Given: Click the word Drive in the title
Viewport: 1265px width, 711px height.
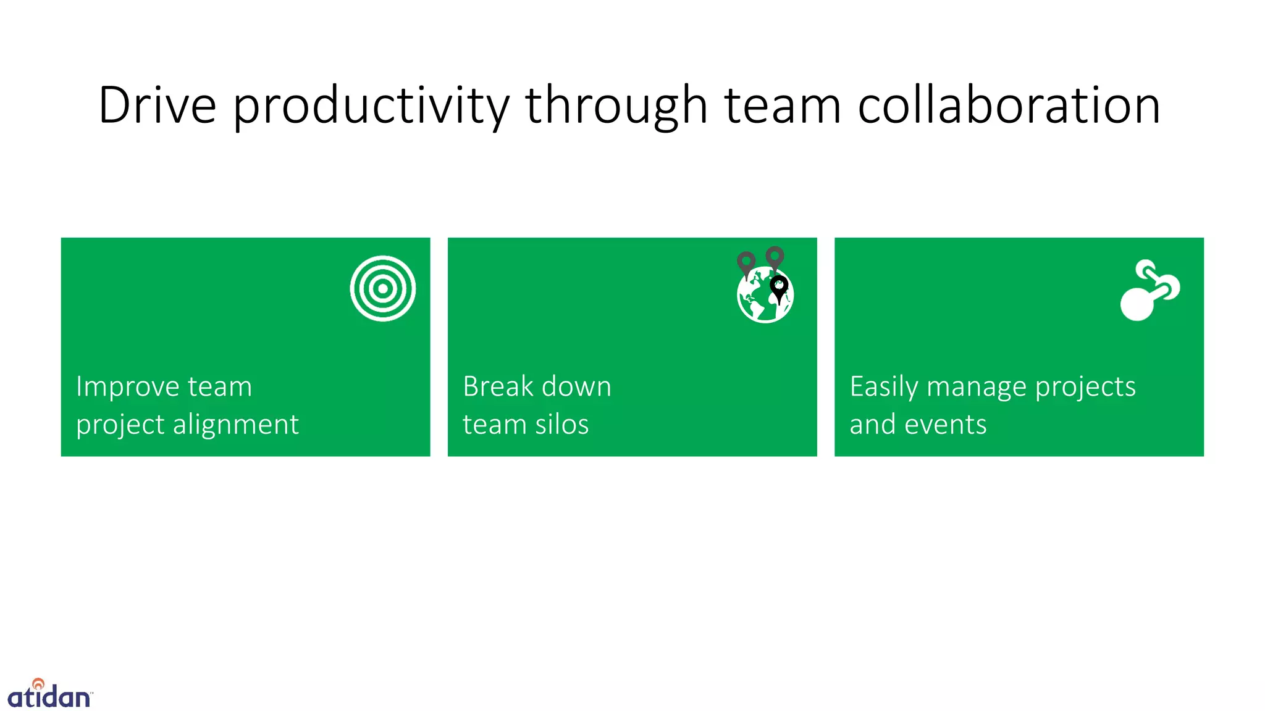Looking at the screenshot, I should pos(158,106).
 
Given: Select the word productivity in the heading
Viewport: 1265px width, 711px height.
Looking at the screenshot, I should pos(371,106).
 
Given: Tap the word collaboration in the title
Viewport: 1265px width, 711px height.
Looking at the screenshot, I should pos(1009,106).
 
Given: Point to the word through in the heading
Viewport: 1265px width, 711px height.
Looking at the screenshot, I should pos(616,106).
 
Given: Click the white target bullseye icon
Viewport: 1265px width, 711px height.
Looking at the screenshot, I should pos(383,288).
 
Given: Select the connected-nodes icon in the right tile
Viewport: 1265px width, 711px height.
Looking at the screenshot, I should pos(1149,289).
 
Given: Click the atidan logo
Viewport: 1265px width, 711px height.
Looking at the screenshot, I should pos(49,694).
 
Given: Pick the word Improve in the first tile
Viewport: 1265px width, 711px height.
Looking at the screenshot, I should pos(128,387).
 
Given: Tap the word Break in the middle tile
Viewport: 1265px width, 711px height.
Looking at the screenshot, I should pos(498,387).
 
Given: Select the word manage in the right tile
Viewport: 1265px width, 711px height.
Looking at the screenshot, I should pos(977,387).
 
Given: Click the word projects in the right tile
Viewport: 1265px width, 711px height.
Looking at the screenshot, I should pos(1085,387).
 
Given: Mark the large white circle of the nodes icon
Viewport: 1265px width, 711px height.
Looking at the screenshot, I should pos(1137,305).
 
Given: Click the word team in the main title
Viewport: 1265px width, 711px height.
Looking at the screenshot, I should pos(783,106).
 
